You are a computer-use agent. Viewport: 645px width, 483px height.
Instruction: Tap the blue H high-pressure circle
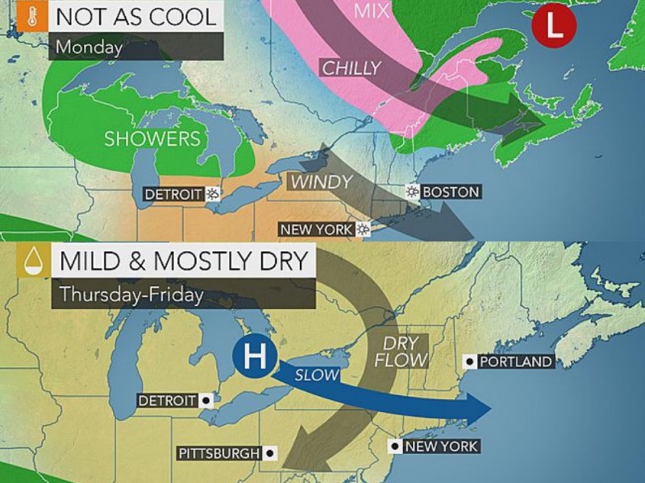point(253,355)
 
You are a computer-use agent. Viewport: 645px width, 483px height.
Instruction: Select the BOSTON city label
point(450,192)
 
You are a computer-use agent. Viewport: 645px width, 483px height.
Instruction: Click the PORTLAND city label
point(515,361)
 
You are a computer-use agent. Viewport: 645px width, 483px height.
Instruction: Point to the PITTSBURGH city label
point(219,454)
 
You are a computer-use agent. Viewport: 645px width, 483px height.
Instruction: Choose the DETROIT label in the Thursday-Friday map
point(167,400)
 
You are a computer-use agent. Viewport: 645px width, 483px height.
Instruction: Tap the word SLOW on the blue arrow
point(318,375)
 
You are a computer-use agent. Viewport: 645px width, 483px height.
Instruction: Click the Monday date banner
point(89,47)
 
